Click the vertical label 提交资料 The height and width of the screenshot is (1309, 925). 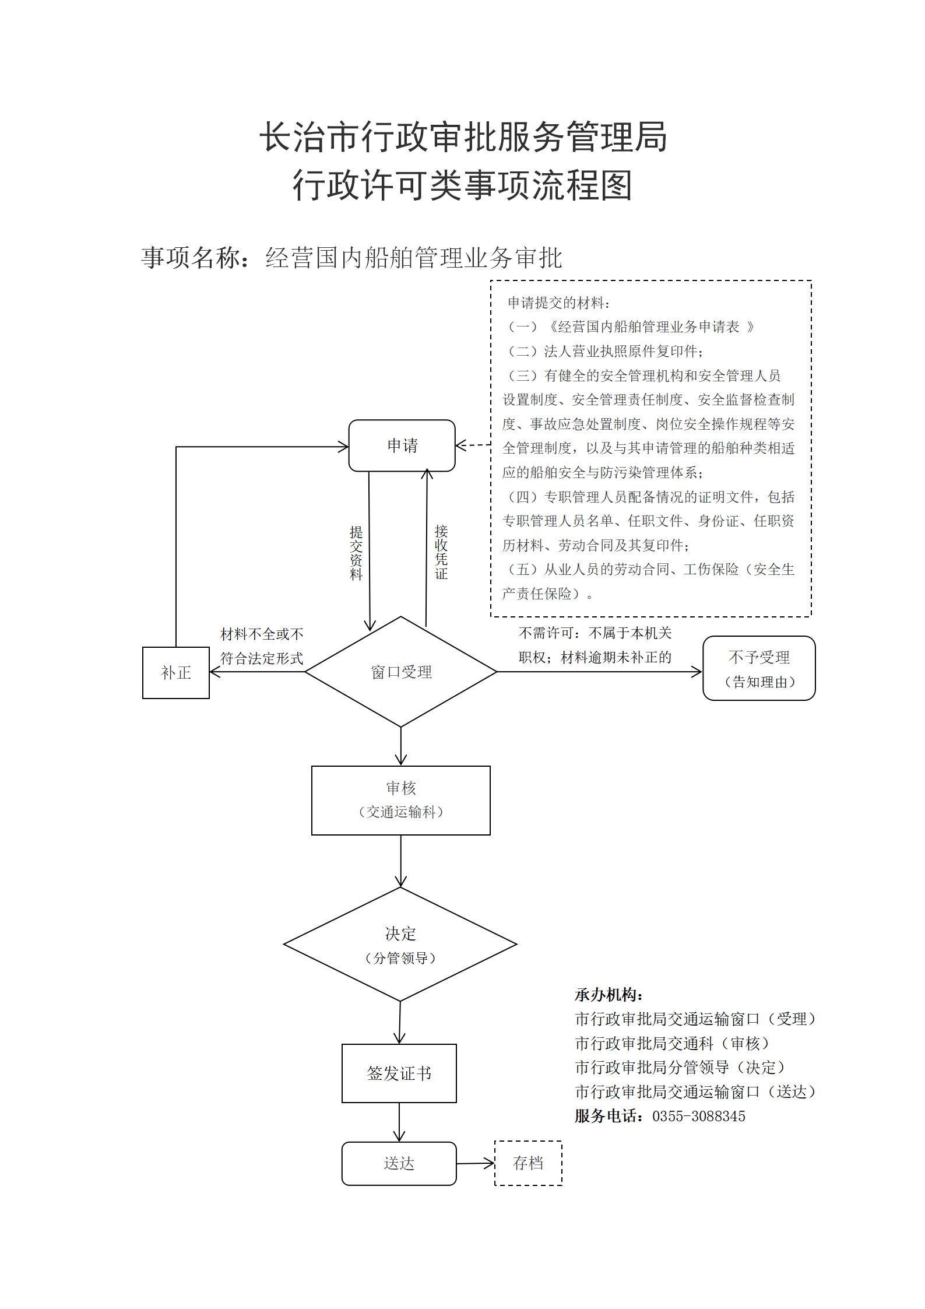(356, 553)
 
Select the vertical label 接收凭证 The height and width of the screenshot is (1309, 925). (441, 552)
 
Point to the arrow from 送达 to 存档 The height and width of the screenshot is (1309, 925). (476, 1164)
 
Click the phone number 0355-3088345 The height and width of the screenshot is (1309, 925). (699, 1117)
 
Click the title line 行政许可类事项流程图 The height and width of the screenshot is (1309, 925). (463, 185)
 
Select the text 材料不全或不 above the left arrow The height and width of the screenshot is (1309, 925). (262, 634)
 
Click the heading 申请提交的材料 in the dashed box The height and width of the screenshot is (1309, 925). (558, 303)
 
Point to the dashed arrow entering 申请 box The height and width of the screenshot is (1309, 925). (473, 445)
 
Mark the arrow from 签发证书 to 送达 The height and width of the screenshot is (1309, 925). (399, 1122)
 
